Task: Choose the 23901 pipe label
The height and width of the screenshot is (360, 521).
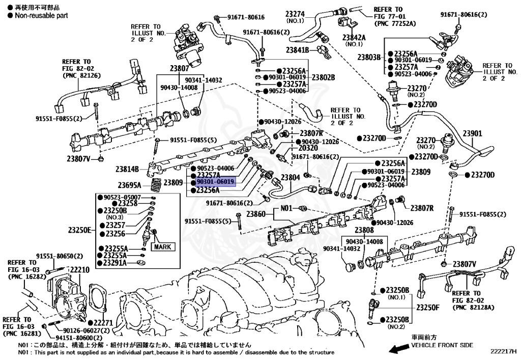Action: (472, 133)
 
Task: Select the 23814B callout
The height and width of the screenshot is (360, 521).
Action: (127, 169)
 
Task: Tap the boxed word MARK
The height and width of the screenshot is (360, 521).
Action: (163, 247)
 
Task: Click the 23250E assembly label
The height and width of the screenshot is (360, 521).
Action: (79, 230)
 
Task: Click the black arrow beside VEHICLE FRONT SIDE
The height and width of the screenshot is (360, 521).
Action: (398, 348)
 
